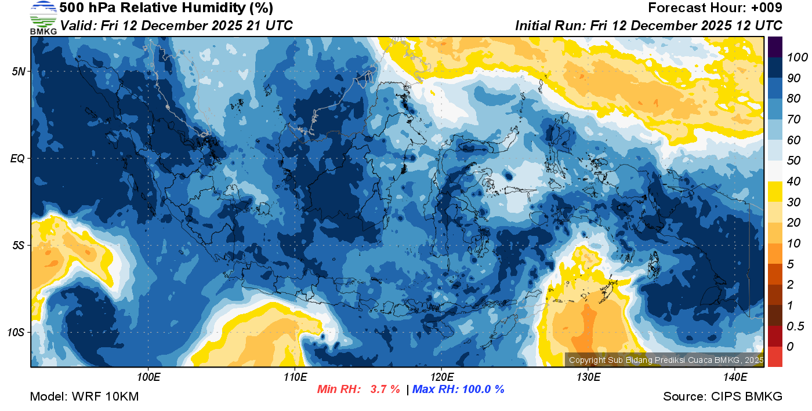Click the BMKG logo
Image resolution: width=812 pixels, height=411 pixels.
point(43,18)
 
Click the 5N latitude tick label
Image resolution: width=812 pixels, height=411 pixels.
point(19,71)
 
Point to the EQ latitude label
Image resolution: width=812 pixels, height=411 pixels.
point(18,158)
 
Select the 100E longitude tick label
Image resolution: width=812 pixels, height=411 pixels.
point(148,377)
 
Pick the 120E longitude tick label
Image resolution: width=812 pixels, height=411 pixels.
point(441,377)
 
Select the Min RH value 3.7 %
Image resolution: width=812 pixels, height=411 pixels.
point(385,390)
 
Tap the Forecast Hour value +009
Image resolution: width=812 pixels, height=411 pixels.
point(767,8)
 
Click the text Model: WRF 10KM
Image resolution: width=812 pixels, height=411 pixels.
point(84,397)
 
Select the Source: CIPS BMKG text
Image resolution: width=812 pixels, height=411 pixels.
point(723,397)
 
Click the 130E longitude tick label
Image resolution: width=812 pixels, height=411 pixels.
point(588,377)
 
